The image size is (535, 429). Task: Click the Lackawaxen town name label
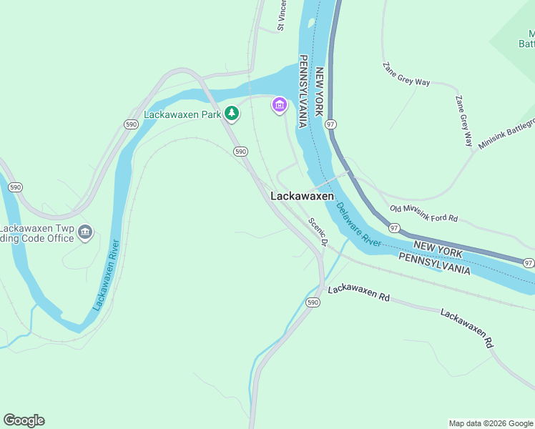[302, 196]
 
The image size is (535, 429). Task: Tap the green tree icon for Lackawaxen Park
[232, 113]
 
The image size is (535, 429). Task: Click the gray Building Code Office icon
[85, 232]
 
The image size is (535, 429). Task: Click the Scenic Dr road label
[318, 232]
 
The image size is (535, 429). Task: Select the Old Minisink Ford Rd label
[423, 212]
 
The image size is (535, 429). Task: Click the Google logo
[24, 420]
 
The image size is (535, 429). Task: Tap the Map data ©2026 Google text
[490, 423]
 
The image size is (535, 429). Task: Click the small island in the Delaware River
[310, 23]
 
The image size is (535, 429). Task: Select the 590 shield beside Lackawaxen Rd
[313, 302]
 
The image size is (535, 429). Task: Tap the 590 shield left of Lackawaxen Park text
[130, 124]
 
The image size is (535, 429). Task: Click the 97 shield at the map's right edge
[528, 263]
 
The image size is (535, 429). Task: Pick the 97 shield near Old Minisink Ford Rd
[394, 227]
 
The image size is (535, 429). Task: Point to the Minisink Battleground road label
[506, 134]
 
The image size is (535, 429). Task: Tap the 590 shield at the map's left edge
[14, 187]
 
